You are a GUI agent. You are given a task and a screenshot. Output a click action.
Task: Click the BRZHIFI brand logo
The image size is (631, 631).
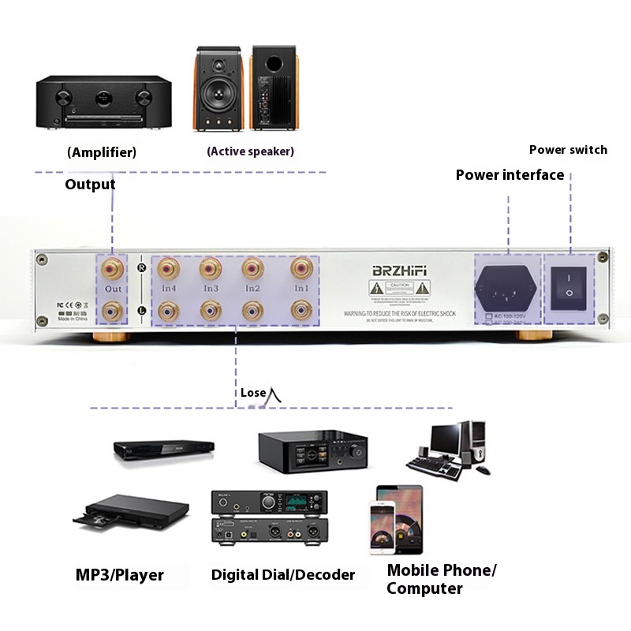[399, 271]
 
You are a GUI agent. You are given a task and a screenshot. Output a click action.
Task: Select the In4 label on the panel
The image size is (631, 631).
[167, 289]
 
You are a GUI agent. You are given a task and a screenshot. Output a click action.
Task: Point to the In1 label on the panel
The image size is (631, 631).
[301, 289]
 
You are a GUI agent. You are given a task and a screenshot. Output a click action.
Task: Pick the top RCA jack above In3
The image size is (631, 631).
[211, 269]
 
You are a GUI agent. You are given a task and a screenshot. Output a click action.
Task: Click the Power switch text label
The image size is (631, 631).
[568, 150]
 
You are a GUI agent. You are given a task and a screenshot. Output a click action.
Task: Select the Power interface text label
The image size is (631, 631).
[510, 175]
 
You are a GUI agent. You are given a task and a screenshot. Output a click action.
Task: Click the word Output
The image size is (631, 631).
[90, 185]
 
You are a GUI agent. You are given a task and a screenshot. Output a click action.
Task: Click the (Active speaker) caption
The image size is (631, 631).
[250, 151]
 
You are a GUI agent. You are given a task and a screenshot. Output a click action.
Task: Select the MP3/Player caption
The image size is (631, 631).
[120, 574]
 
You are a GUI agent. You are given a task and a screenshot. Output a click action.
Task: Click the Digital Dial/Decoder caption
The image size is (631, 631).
[283, 574]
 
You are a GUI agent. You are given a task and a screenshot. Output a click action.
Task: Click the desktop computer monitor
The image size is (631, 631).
[445, 437]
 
